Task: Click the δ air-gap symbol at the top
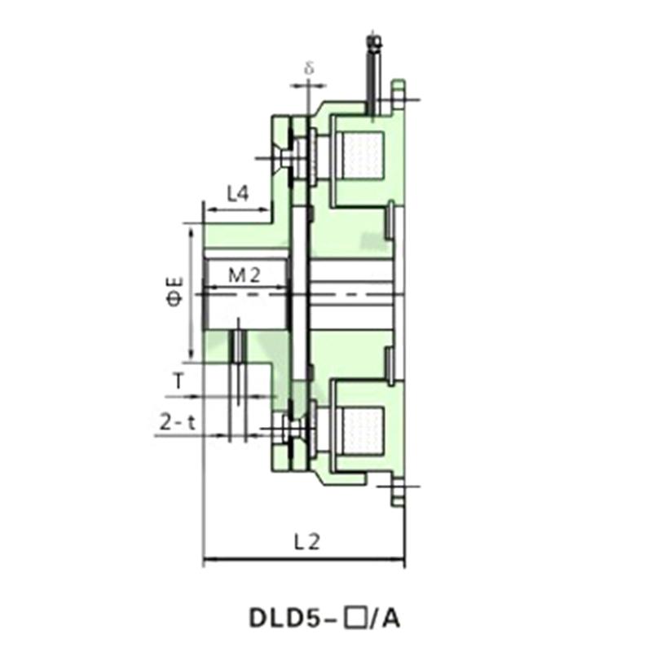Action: click(x=310, y=68)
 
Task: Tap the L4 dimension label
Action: click(x=237, y=193)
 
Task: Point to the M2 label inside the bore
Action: click(x=244, y=275)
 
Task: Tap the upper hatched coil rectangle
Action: click(x=361, y=156)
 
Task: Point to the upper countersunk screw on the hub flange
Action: click(x=285, y=157)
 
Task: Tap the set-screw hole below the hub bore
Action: click(x=237, y=346)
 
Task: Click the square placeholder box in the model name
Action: click(x=355, y=619)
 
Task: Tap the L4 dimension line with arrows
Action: click(x=237, y=209)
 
